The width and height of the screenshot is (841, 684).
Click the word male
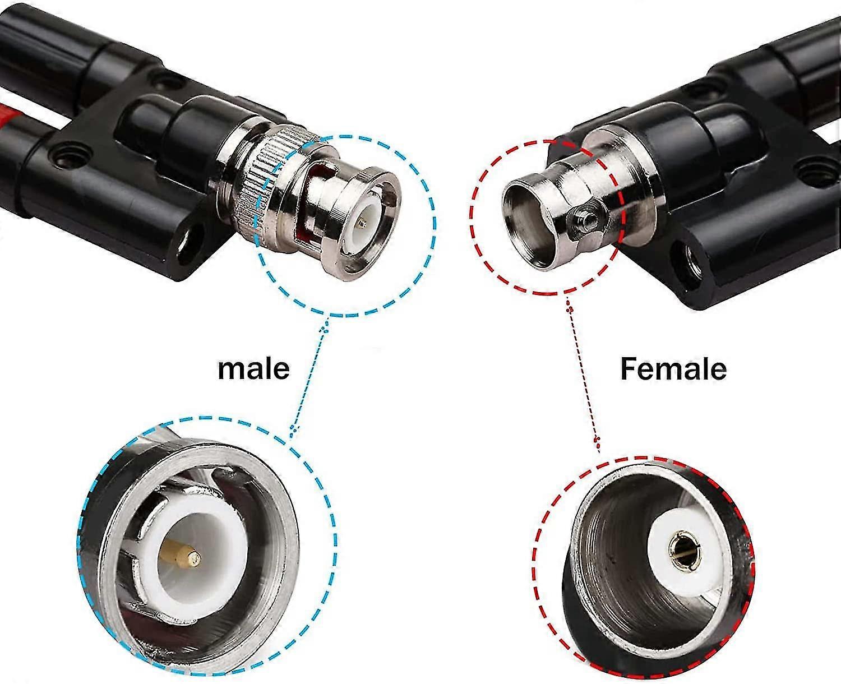pos(253,368)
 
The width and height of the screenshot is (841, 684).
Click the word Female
pos(673,369)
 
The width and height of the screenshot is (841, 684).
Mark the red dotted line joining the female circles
pos(584,371)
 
